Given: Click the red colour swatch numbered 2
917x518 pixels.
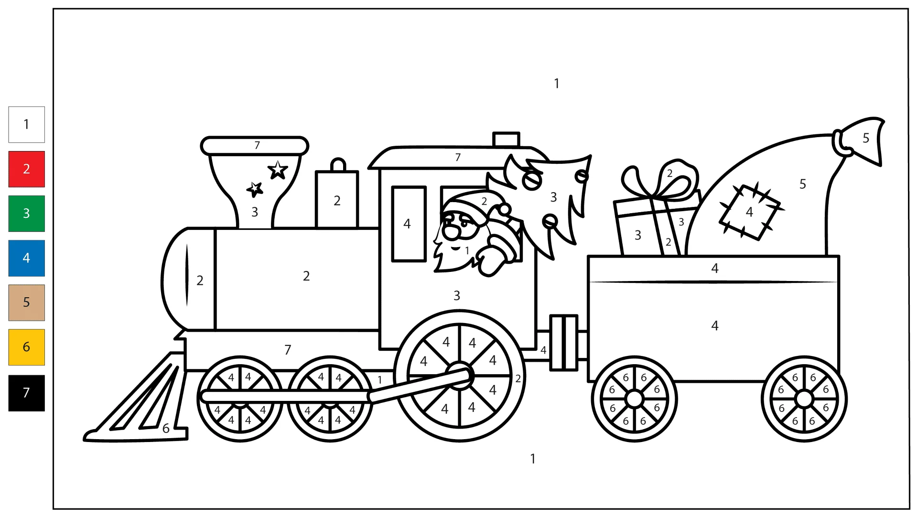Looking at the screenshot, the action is click(x=27, y=169).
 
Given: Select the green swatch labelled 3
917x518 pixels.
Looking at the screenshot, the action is click(x=27, y=214).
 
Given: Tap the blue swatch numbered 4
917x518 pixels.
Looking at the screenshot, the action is click(x=27, y=258).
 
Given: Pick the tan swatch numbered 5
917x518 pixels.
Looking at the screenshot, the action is click(x=27, y=302).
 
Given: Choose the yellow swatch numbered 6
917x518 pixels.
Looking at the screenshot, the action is click(x=27, y=347).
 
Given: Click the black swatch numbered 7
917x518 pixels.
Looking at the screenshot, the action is click(x=27, y=393).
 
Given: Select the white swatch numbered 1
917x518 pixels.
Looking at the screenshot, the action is click(x=27, y=124).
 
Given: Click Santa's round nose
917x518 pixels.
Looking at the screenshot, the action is click(x=451, y=232).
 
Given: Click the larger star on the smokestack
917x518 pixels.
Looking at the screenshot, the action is click(x=278, y=170).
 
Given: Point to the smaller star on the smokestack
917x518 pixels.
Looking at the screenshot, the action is click(x=255, y=189).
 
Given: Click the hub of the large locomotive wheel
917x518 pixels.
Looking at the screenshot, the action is click(x=460, y=376).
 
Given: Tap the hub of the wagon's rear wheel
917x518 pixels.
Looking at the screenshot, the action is click(x=804, y=399).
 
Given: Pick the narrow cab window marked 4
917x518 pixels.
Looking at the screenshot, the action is click(x=409, y=224).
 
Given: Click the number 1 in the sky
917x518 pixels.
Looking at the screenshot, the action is click(x=557, y=84).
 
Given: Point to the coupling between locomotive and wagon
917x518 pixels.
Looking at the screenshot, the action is click(x=564, y=342).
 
